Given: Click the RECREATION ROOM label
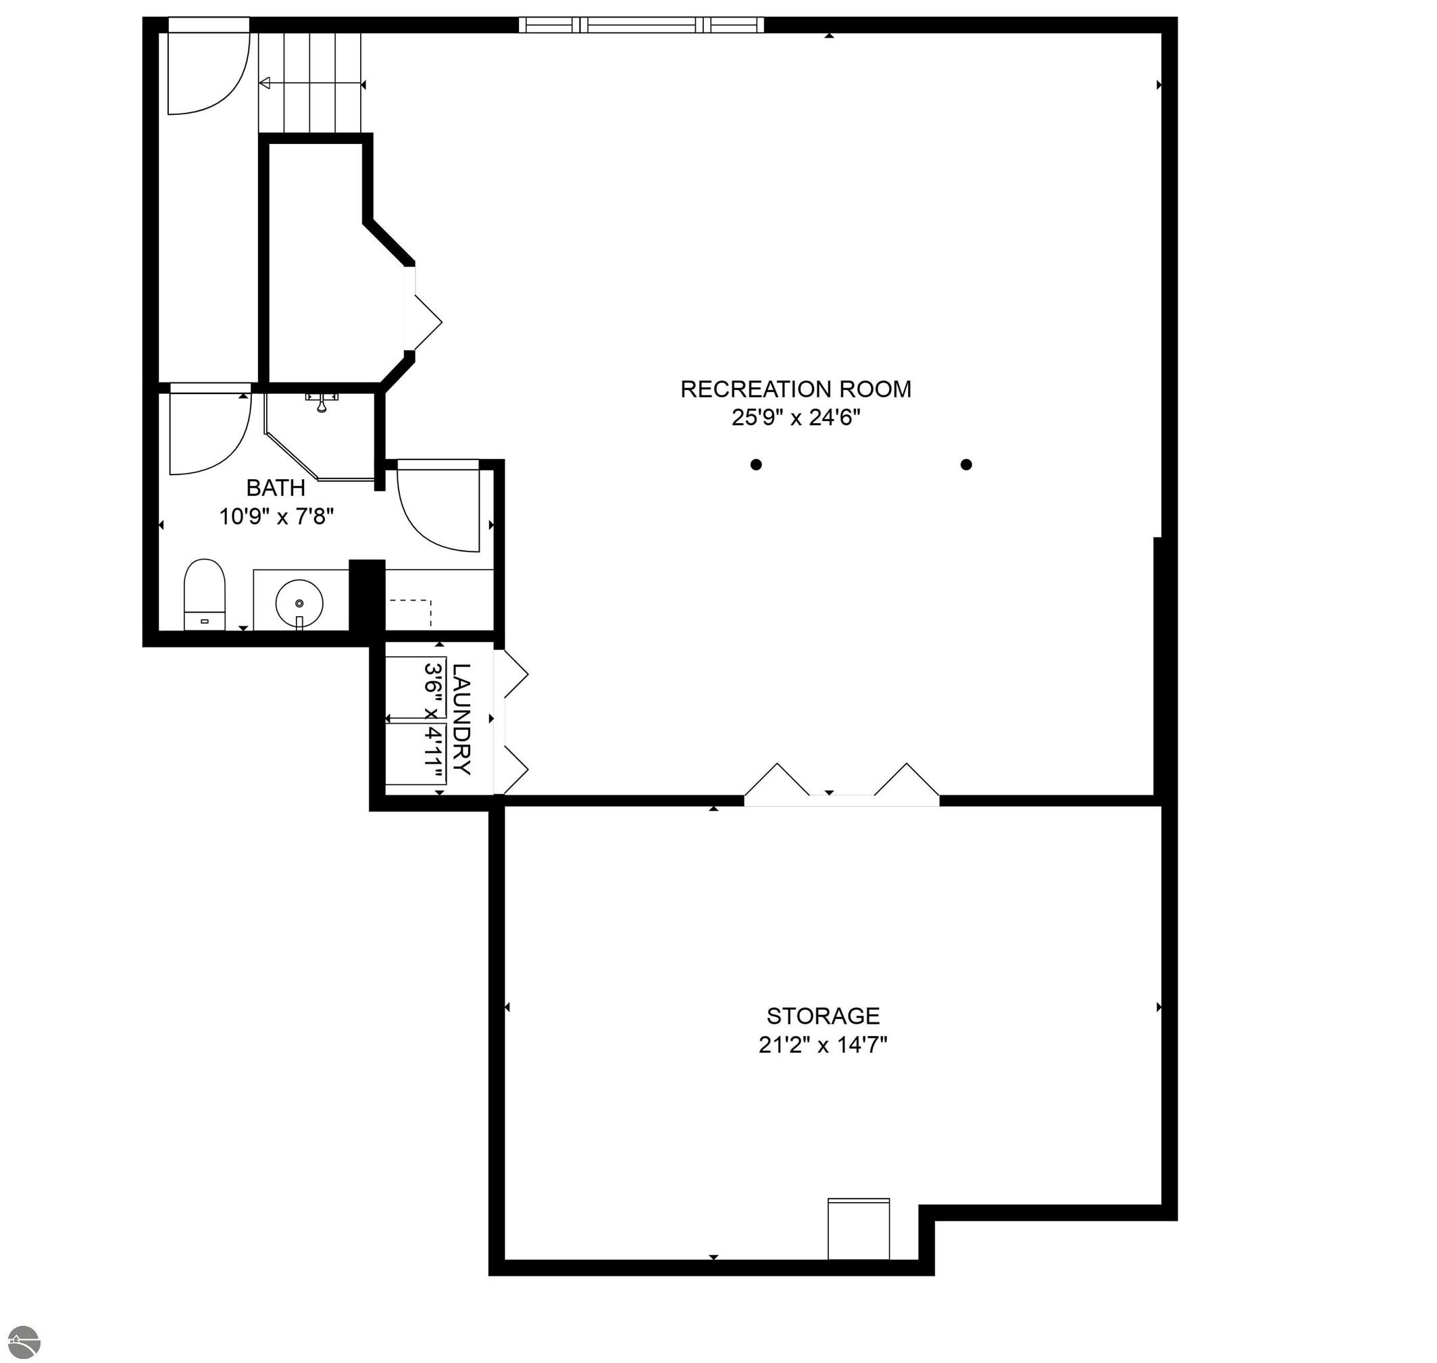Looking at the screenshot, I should pos(795,389).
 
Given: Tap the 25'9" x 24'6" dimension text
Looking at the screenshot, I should pos(795,418).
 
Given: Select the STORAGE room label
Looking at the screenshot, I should pos(823,1016).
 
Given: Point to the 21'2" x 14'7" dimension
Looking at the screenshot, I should pos(823,1045).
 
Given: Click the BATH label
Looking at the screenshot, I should pos(276,487).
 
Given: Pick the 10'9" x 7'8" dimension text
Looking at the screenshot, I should pos(276,516).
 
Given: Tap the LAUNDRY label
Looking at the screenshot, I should pos(461,719).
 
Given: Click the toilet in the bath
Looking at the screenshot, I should pos(204,594).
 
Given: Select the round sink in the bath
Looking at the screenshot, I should pos(299,603).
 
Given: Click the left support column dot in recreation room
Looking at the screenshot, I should pos(756,464).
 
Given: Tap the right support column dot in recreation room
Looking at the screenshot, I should pos(966,464).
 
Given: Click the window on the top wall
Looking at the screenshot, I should pos(642,26).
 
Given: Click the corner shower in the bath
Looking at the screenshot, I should pos(320,436).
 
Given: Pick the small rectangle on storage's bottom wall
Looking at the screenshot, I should pos(859,1229).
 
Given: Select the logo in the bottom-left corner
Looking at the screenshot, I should pos(22,1341).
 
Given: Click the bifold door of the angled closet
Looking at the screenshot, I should pos(423,320).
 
